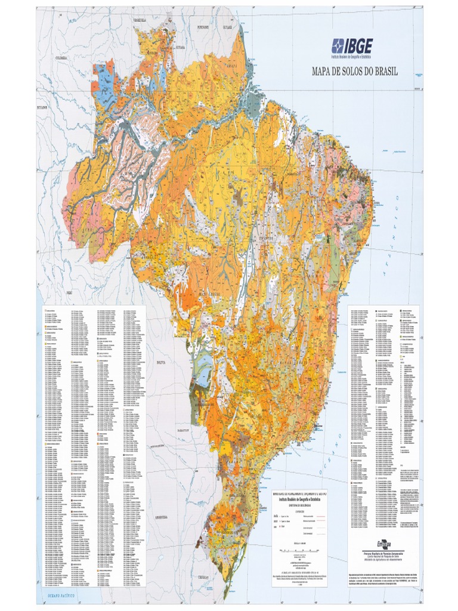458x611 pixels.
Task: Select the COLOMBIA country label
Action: pyautogui.click(x=63, y=58)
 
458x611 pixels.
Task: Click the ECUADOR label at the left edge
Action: pyautogui.click(x=41, y=107)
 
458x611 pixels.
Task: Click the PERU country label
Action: pyautogui.click(x=69, y=276)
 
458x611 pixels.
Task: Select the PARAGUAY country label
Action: pyautogui.click(x=182, y=429)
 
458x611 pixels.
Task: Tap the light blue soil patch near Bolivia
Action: pyautogui.click(x=204, y=375)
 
